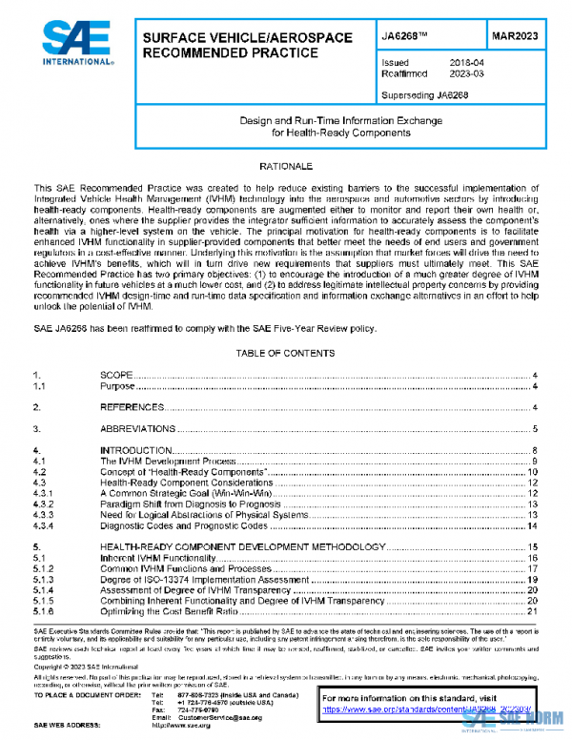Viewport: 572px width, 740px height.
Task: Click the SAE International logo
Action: click(73, 44)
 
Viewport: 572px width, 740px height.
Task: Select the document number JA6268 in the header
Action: click(393, 37)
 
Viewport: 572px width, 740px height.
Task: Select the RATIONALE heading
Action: click(286, 167)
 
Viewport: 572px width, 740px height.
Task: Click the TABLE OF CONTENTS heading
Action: click(286, 353)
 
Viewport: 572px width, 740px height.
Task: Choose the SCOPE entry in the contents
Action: click(117, 377)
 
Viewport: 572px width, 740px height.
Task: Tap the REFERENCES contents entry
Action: click(131, 407)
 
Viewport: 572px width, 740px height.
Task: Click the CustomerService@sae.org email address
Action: click(214, 716)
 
